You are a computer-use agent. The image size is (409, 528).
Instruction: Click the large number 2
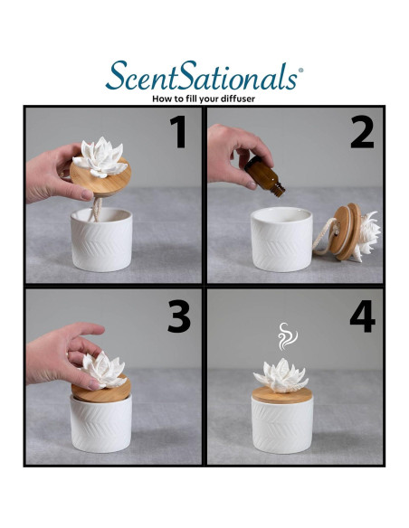point(362,132)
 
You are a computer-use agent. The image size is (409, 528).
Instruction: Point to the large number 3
point(179,316)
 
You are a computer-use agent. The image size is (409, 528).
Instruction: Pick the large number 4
point(363,316)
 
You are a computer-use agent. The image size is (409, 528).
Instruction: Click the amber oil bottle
point(265,176)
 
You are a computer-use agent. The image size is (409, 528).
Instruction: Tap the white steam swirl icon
point(287,336)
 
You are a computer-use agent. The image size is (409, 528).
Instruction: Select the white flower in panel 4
point(281,375)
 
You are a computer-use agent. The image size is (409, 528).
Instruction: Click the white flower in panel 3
point(103,370)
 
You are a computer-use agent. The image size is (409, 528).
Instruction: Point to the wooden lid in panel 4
point(282,395)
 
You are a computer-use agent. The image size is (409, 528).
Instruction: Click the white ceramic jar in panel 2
point(281,239)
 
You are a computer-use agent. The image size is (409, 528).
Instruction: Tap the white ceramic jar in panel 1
point(101,240)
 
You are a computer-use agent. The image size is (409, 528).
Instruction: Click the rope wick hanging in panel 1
point(97,210)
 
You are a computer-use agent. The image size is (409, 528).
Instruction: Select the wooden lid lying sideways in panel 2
point(345,231)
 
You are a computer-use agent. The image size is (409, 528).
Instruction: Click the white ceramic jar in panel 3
point(101,424)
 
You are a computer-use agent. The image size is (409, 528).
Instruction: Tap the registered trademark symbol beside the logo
point(300,70)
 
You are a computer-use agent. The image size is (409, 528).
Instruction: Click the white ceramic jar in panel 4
point(282,426)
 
